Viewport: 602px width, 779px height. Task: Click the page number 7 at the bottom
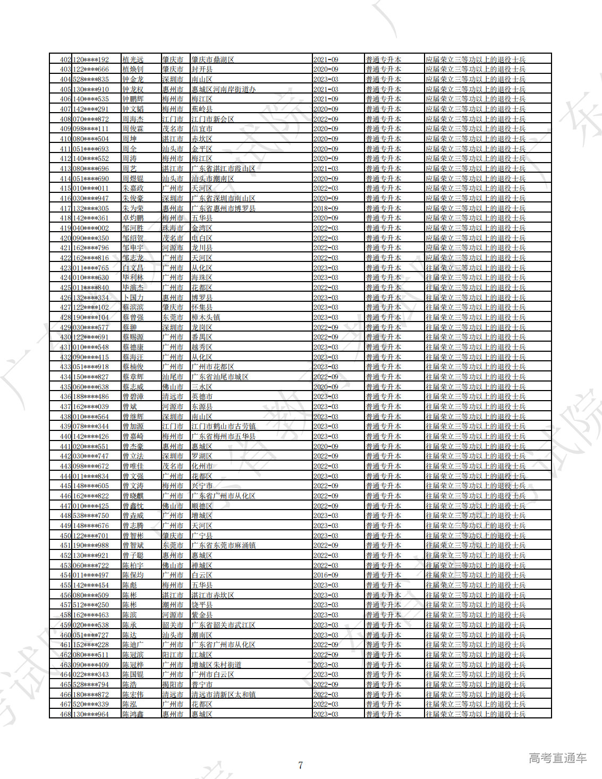coord(301,765)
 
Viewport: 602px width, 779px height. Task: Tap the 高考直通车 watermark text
coord(557,758)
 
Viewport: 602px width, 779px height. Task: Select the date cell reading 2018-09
coord(326,208)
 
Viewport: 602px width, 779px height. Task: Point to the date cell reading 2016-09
coord(326,575)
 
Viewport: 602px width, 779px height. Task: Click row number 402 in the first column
coord(65,60)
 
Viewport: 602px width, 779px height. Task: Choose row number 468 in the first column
coord(65,714)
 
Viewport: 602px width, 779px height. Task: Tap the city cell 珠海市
coord(173,228)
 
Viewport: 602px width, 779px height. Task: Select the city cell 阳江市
coord(173,655)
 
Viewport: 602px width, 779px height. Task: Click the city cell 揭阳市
coord(173,684)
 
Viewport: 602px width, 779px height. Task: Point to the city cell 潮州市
coord(173,605)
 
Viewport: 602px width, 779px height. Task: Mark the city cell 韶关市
coord(173,625)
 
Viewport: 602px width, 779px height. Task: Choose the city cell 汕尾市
coord(173,377)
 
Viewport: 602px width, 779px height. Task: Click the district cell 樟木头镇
coord(206,317)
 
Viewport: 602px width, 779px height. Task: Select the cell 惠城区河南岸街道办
coord(223,89)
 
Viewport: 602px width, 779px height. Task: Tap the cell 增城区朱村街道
coord(216,665)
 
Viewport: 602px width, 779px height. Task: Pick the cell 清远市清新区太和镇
coord(223,695)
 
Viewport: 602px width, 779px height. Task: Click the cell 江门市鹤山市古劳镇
coord(223,426)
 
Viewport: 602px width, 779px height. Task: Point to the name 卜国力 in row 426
coord(133,298)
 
